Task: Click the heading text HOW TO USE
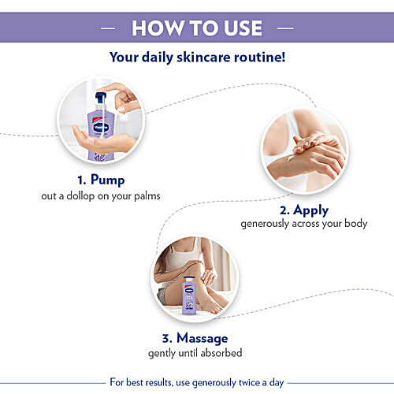[196, 28]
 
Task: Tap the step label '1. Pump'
[102, 179]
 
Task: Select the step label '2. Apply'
[303, 210]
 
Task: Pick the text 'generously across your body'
[303, 224]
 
